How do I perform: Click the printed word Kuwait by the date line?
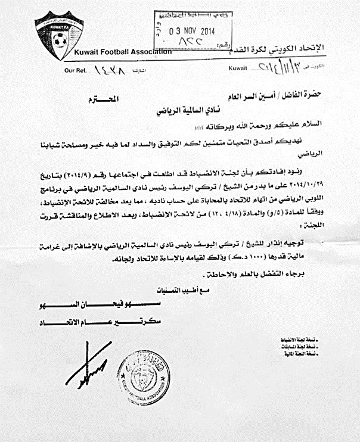tap(237, 69)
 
